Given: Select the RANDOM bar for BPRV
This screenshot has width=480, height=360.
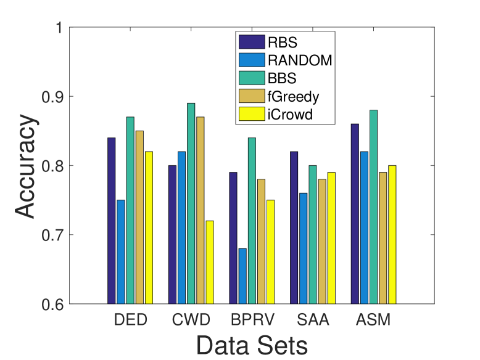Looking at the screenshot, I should (x=242, y=276).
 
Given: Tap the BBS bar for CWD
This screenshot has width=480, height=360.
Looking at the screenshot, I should (x=191, y=203).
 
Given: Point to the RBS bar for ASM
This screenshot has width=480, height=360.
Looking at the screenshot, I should (x=355, y=214).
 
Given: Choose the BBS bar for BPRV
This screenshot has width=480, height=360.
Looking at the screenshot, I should (x=252, y=221).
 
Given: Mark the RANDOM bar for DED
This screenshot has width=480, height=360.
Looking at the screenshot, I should (x=121, y=252).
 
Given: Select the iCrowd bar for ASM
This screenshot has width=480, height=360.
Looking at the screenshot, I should (x=392, y=234).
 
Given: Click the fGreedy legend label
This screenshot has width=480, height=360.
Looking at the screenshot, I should (x=290, y=96).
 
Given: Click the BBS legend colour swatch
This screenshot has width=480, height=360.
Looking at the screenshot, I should (x=252, y=78).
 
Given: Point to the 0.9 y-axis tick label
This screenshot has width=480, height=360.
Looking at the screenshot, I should (x=52, y=97).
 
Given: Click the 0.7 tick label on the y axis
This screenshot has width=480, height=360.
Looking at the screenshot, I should (x=52, y=235).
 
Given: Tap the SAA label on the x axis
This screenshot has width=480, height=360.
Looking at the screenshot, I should (x=312, y=321).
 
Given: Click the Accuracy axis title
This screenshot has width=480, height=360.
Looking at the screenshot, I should (x=26, y=166).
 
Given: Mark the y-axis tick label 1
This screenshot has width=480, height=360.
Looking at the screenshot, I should (x=59, y=28).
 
